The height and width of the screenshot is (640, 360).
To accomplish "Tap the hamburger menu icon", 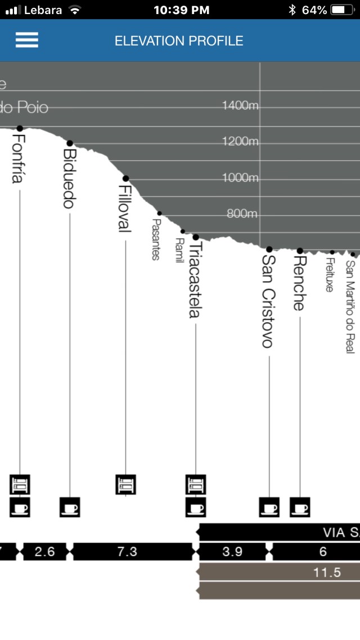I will (27, 40).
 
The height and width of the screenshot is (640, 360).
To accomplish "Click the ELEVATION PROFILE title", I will (179, 41).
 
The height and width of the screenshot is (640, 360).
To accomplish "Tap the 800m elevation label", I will (242, 214).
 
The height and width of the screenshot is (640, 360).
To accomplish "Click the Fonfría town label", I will (18, 159).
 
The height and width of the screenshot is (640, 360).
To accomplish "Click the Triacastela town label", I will (195, 280).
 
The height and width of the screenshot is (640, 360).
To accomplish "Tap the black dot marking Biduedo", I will (70, 143).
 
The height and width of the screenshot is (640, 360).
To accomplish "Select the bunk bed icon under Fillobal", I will (125, 484).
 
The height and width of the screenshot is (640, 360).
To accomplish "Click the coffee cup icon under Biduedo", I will (70, 507).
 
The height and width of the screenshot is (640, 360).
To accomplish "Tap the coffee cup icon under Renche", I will (300, 507).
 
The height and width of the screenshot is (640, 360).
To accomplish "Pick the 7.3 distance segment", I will (127, 552).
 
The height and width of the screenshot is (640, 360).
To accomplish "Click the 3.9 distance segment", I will (232, 552).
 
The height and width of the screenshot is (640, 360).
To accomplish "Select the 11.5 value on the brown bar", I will (327, 573).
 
